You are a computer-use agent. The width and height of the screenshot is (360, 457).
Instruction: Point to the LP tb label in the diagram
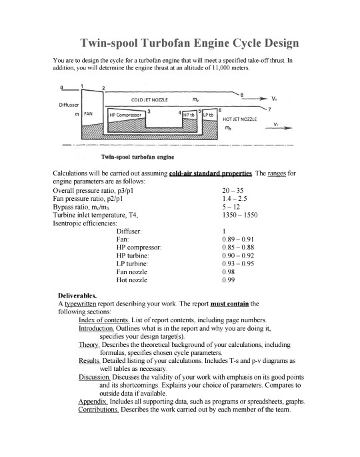tap(208, 114)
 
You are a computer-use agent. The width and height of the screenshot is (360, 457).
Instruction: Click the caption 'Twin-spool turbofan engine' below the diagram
tap(137, 157)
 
